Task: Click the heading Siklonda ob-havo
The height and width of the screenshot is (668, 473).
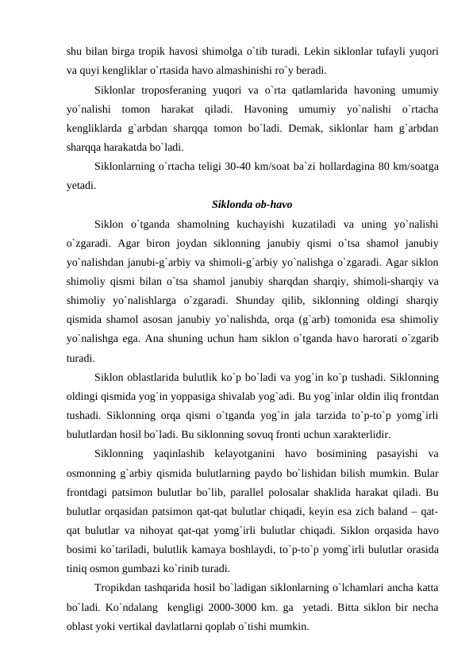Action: tap(236, 203)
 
